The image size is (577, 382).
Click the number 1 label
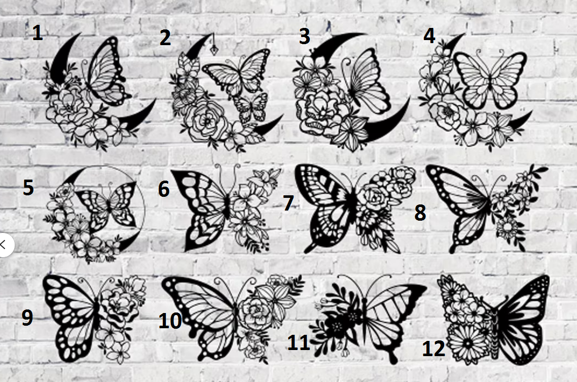(38, 33)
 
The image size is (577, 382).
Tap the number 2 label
(165, 38)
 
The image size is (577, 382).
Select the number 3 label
(304, 37)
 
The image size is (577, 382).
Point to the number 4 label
(429, 36)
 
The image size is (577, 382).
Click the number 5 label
(28, 187)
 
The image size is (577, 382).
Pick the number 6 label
(164, 188)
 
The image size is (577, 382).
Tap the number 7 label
(289, 203)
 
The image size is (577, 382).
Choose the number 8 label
(420, 213)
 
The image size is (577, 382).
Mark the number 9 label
(27, 318)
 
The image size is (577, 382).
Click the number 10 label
(170, 321)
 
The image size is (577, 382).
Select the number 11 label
(298, 342)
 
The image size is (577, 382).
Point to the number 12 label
(434, 348)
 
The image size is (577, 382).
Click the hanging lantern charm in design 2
(213, 47)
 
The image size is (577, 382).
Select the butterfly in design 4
(490, 79)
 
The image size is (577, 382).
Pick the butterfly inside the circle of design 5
(106, 206)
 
